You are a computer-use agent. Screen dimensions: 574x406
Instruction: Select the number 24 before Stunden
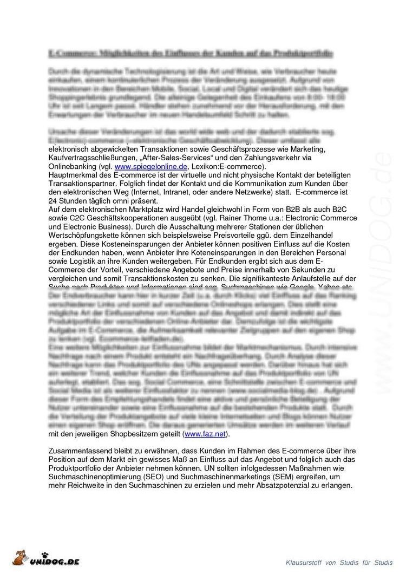click(53, 201)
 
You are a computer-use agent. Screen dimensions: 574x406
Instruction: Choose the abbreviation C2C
click(76, 218)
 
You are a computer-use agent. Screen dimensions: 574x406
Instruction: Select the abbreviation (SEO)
click(160, 477)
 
